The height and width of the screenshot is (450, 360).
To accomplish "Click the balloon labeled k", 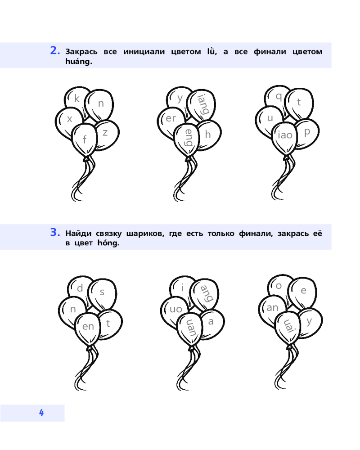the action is (x=75, y=99).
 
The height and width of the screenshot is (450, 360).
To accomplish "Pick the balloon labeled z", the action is (x=107, y=134).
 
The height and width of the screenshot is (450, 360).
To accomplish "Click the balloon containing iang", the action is (x=201, y=104).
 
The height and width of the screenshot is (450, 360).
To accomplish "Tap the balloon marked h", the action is (x=209, y=135).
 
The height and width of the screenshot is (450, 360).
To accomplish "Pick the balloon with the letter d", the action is (x=78, y=289).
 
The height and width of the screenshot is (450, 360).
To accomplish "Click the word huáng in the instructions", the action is (x=78, y=61).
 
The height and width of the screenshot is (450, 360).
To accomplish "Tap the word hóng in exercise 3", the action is (x=108, y=243).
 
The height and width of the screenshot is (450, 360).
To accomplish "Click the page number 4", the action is (x=41, y=412).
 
